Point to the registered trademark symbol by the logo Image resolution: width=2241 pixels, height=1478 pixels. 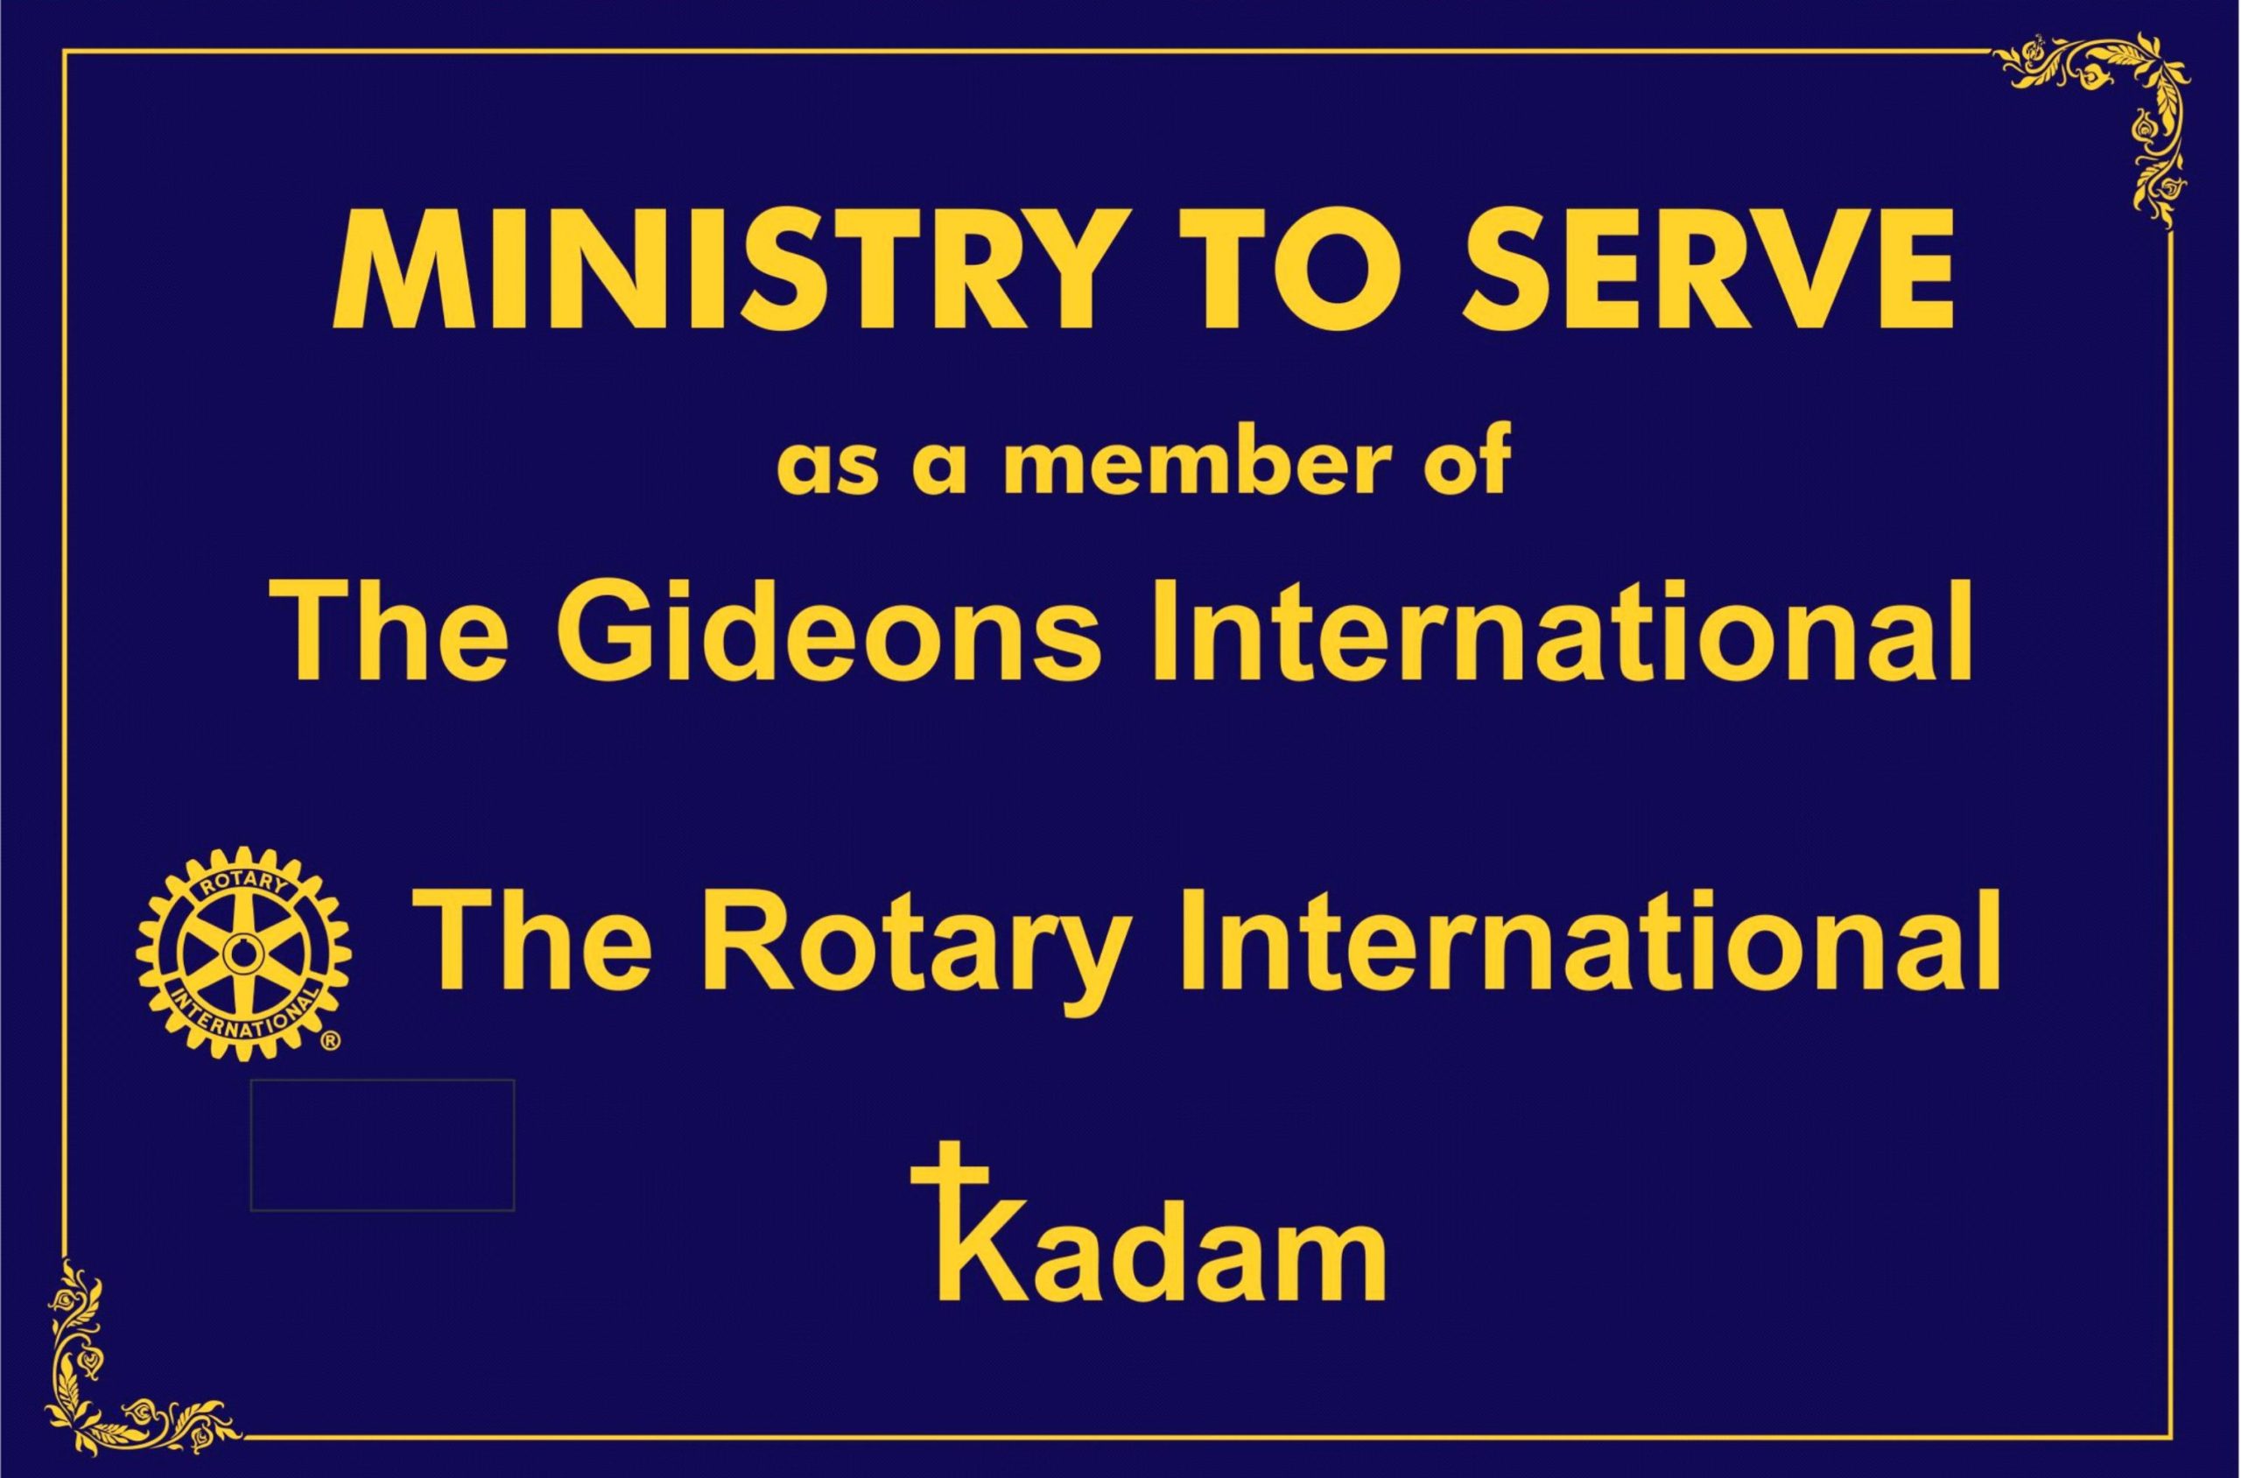click(x=331, y=1042)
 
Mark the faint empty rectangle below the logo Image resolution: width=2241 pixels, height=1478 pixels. click(x=383, y=1144)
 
